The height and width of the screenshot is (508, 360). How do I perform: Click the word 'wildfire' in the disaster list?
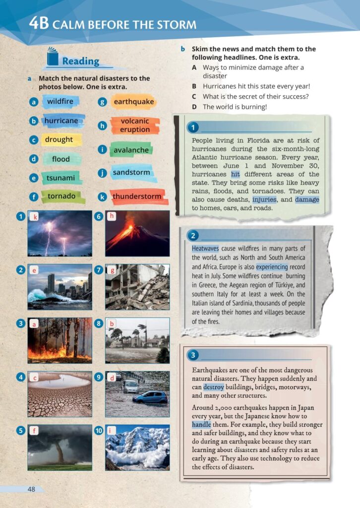click(x=60, y=102)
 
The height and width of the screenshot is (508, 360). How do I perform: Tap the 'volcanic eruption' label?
click(x=134, y=125)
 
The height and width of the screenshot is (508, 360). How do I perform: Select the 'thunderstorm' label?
click(x=137, y=196)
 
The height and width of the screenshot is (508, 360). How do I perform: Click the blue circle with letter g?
click(x=103, y=102)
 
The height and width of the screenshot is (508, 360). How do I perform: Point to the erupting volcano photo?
click(x=137, y=233)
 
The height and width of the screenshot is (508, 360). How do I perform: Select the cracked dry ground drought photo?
click(x=60, y=394)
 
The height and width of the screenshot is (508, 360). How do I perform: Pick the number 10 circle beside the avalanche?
click(x=98, y=431)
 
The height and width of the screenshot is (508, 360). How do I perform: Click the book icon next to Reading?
click(x=53, y=57)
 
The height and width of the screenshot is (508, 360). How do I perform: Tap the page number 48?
click(x=32, y=489)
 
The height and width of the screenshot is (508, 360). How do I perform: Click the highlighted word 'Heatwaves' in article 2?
click(x=205, y=248)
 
